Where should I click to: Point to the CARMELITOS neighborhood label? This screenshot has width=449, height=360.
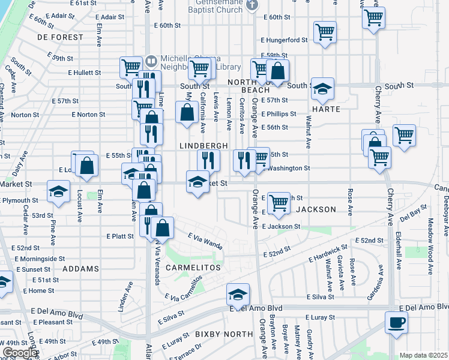(x=190, y=267)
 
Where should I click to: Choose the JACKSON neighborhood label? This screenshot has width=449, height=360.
(x=315, y=209)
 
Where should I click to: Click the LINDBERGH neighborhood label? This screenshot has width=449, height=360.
(x=204, y=146)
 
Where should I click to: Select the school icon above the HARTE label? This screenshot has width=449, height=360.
(x=322, y=90)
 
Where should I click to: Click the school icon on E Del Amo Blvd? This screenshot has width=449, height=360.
(x=238, y=295)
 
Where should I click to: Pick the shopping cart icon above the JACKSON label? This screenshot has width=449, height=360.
(x=279, y=203)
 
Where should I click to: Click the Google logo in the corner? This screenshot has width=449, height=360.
(x=19, y=353)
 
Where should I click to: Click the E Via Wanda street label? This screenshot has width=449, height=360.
(x=205, y=241)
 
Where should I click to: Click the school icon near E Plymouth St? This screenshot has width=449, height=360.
(x=58, y=192)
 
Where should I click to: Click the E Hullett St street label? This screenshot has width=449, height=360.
(x=85, y=73)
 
